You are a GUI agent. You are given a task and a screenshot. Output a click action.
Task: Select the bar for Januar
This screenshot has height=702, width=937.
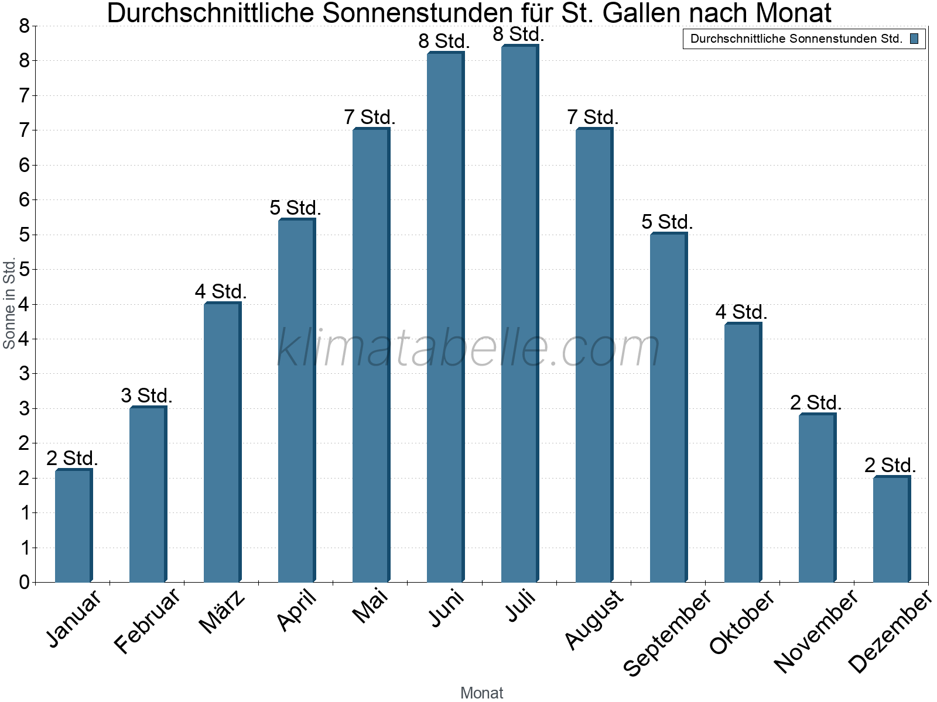[x=73, y=526]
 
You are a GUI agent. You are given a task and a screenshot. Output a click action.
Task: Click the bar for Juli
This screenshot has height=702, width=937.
[x=519, y=316]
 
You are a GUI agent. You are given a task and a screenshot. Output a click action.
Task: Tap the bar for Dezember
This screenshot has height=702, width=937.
[x=891, y=529]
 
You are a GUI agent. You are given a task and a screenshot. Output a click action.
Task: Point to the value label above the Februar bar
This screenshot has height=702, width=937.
[x=146, y=395]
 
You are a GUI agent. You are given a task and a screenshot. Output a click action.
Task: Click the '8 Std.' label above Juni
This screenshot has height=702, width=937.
[x=444, y=42]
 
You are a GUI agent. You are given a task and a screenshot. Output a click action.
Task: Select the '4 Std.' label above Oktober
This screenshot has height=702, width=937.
[x=741, y=312]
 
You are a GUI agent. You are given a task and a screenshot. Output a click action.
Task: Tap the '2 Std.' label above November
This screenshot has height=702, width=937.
[x=816, y=402]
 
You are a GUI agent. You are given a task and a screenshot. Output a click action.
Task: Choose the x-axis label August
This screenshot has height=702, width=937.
[x=594, y=619]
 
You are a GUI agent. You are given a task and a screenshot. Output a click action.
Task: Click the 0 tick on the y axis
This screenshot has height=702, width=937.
[x=24, y=582]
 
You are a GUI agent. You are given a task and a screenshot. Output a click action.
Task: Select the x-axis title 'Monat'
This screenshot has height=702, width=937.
[x=481, y=693]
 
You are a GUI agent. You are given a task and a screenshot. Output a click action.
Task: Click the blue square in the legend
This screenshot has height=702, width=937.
[x=914, y=39]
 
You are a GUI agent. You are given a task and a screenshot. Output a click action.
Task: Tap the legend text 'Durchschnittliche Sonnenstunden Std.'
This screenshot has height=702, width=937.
[x=796, y=39]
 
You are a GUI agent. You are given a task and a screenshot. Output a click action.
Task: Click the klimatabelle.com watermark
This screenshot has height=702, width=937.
[x=468, y=348]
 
